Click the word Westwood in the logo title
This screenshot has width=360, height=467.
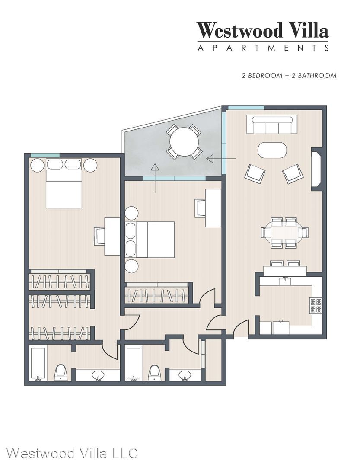[x=239, y=30]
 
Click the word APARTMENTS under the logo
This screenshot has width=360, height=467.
[x=263, y=48]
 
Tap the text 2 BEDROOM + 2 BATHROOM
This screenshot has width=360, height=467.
[x=289, y=75]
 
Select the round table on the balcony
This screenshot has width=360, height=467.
[x=184, y=141]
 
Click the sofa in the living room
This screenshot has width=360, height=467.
[x=272, y=125]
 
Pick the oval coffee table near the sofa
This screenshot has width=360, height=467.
[x=272, y=150]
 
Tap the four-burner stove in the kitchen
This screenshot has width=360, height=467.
[x=315, y=305]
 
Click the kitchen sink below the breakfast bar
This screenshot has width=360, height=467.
[x=285, y=281]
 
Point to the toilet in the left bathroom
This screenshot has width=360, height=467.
[x=61, y=372]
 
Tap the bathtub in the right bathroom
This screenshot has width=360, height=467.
[x=134, y=364]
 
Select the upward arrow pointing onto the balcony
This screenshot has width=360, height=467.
[x=155, y=178]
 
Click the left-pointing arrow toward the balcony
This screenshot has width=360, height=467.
[x=221, y=159]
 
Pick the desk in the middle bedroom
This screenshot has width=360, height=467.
[x=213, y=208]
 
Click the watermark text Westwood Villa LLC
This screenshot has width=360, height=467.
[x=72, y=453]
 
